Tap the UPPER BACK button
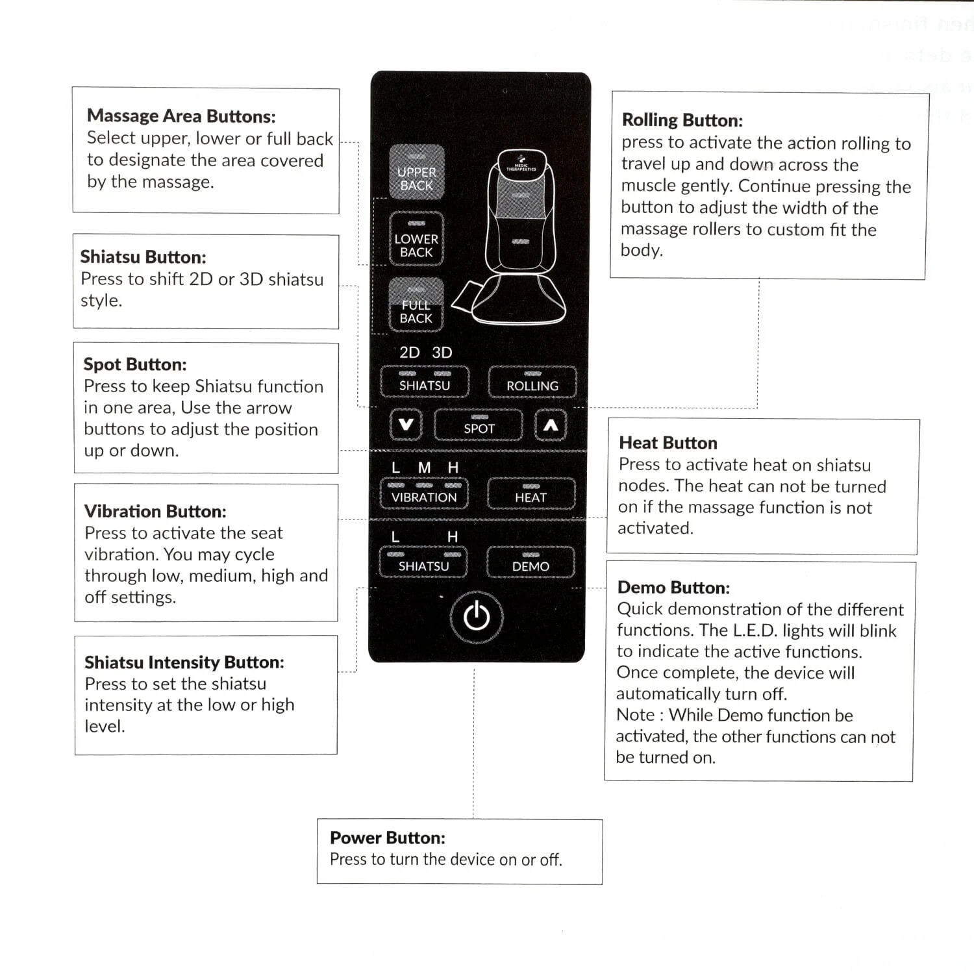click(417, 173)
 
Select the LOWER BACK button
click(416, 240)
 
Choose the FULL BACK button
click(416, 306)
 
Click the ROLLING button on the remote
click(532, 382)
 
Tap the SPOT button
click(479, 425)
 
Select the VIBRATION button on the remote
click(424, 494)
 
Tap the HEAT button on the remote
click(531, 494)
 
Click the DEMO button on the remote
click(531, 563)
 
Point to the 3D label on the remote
click(442, 353)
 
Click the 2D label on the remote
click(410, 353)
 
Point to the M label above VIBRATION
click(425, 468)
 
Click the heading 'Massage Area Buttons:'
click(181, 116)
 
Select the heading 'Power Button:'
click(388, 838)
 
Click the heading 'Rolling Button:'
click(682, 120)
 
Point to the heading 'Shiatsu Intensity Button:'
click(184, 662)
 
